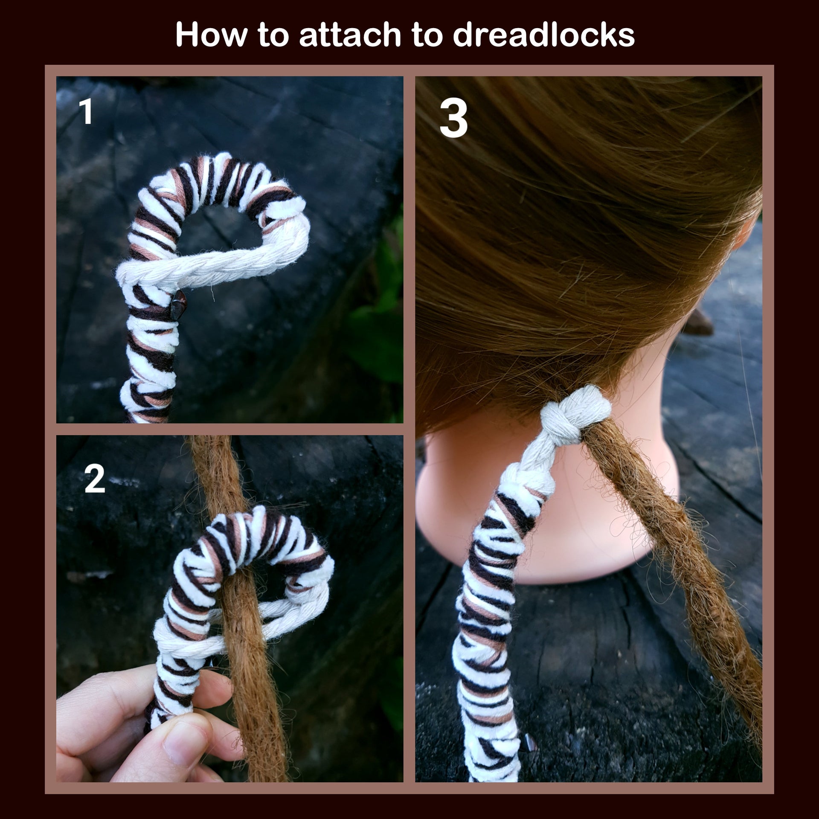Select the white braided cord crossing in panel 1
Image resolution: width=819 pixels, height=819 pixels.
141,273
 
